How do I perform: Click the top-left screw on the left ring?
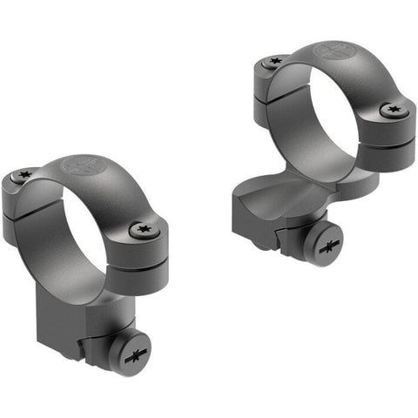24,176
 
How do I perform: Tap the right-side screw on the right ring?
392,111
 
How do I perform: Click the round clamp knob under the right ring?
329,246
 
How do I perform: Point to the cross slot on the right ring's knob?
329,247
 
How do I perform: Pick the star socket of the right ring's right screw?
392,111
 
